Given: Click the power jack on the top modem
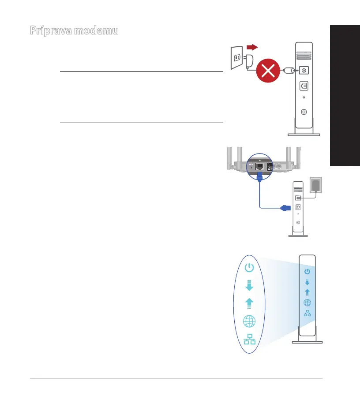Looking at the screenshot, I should coord(304,70).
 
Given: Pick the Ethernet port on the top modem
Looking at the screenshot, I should coord(304,86).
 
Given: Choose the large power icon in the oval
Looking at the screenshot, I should coord(249,267).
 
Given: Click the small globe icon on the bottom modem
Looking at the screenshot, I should coord(307,303).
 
